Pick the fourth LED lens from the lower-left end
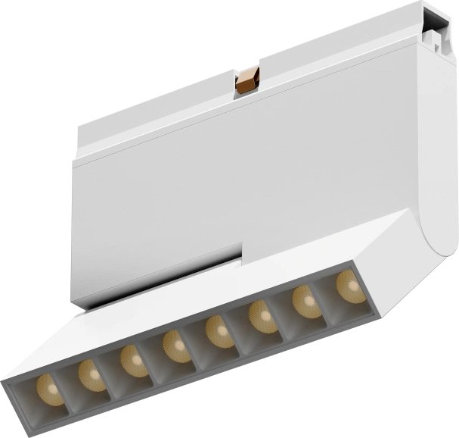coord(176,346)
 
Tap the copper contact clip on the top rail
coord(247,80)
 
